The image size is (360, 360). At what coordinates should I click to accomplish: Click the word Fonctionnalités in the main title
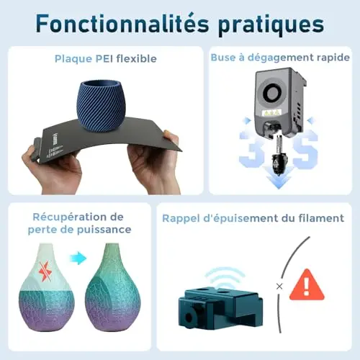122,24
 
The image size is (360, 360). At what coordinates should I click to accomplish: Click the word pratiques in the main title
271,26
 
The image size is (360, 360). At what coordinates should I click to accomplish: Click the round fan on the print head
273,92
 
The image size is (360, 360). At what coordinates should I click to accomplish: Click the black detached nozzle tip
279,164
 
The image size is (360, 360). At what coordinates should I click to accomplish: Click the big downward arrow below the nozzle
279,179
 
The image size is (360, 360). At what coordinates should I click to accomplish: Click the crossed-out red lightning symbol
44,271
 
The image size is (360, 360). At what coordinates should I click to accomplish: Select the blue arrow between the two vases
78,258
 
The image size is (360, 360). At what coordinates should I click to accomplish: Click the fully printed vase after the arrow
113,288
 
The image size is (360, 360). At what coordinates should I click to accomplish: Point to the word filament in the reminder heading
321,218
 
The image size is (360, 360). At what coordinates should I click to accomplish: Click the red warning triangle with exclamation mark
307,286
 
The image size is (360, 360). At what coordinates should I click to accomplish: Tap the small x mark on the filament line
279,287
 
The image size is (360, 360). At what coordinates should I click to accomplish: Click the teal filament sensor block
220,308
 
